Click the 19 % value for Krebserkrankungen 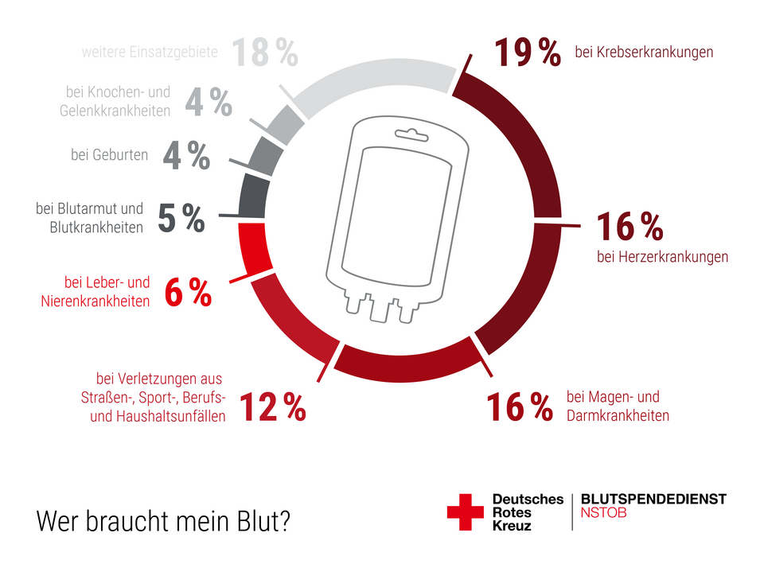[x=528, y=53]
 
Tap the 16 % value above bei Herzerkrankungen [x=630, y=228]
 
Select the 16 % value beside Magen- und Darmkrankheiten [x=520, y=407]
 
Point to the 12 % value [x=272, y=407]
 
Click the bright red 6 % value [x=188, y=294]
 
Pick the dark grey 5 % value [x=181, y=219]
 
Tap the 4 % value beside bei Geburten [x=186, y=157]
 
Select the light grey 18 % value [x=265, y=53]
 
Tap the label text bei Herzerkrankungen [x=662, y=257]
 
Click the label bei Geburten [x=109, y=155]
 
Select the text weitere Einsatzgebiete [x=150, y=53]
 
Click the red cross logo [x=465, y=512]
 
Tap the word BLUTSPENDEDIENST [x=653, y=499]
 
